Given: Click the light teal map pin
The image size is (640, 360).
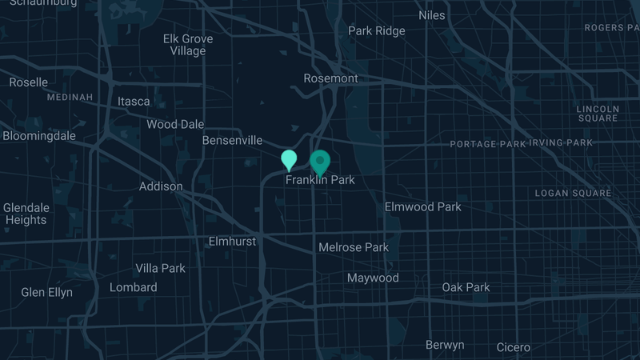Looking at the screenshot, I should pyautogui.click(x=289, y=159).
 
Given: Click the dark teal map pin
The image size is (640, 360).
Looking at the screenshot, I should pyautogui.click(x=320, y=162).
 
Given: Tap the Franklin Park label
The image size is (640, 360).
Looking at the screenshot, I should pyautogui.click(x=320, y=180).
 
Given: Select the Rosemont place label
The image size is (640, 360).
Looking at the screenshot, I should pyautogui.click(x=331, y=78).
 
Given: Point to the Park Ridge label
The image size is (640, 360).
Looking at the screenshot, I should pyautogui.click(x=376, y=31).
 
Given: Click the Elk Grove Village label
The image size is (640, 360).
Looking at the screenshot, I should pyautogui.click(x=188, y=45).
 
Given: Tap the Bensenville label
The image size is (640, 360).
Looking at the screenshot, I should pyautogui.click(x=232, y=140).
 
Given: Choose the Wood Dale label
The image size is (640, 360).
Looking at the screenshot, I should pyautogui.click(x=175, y=124).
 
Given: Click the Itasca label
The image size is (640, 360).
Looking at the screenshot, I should pyautogui.click(x=134, y=102).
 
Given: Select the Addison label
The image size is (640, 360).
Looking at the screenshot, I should pyautogui.click(x=161, y=186).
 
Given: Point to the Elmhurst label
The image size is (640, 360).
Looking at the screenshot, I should pyautogui.click(x=232, y=241).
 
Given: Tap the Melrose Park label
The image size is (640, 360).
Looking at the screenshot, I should pyautogui.click(x=354, y=247).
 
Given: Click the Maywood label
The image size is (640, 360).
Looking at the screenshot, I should pyautogui.click(x=373, y=278).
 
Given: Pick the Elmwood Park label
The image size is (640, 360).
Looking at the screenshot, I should pyautogui.click(x=423, y=206).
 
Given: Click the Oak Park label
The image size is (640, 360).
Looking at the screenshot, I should pyautogui.click(x=466, y=287).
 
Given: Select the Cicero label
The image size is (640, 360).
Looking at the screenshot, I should pyautogui.click(x=513, y=347).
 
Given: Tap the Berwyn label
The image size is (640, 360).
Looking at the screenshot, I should pyautogui.click(x=445, y=345).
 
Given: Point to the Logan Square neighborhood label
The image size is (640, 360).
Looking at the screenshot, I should pyautogui.click(x=573, y=193).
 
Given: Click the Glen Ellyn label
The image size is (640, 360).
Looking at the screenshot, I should pyautogui.click(x=46, y=292).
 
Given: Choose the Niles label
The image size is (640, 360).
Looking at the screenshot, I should pyautogui.click(x=432, y=15).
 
